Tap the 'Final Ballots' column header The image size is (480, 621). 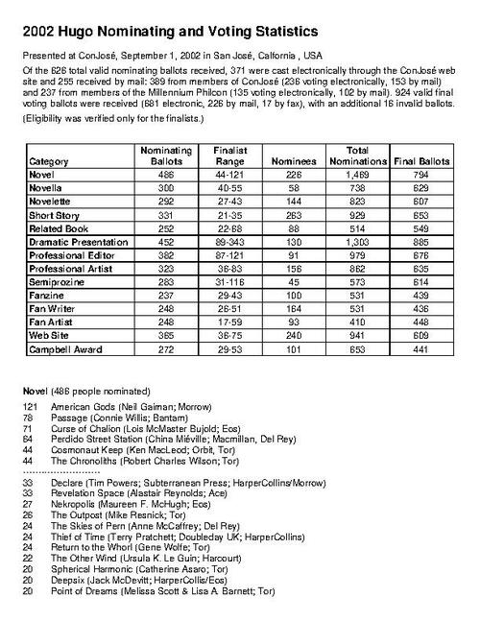tap(421, 163)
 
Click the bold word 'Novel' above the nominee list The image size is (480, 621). tap(36, 391)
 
